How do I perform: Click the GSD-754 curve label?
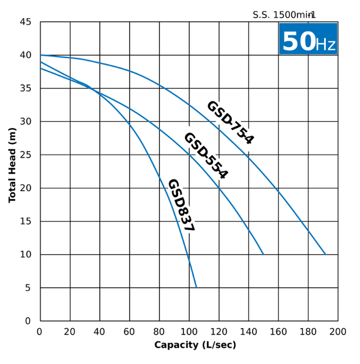pyautogui.click(x=230, y=122)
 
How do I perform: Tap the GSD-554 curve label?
pyautogui.click(x=206, y=155)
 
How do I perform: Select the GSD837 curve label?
pyautogui.click(x=181, y=205)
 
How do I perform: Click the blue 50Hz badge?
pyautogui.click(x=308, y=39)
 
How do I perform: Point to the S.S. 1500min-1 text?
pyautogui.click(x=284, y=15)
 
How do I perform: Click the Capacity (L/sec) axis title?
pyautogui.click(x=195, y=345)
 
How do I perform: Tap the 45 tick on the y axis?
pyautogui.click(x=26, y=22)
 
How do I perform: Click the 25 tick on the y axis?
pyautogui.click(x=26, y=155)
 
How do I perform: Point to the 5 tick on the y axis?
pyautogui.click(x=29, y=288)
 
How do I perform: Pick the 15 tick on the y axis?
pyautogui.click(x=26, y=222)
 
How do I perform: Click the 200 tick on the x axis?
pyautogui.click(x=338, y=332)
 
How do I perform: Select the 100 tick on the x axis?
pyautogui.click(x=189, y=332)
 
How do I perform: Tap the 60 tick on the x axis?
pyautogui.click(x=129, y=332)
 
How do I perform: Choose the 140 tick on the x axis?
pyautogui.click(x=248, y=332)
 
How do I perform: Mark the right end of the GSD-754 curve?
pyautogui.click(x=325, y=254)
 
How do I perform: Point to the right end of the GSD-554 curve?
pyautogui.click(x=263, y=254)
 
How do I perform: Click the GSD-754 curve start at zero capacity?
pyautogui.click(x=41, y=55)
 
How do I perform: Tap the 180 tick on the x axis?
pyautogui.click(x=308, y=332)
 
